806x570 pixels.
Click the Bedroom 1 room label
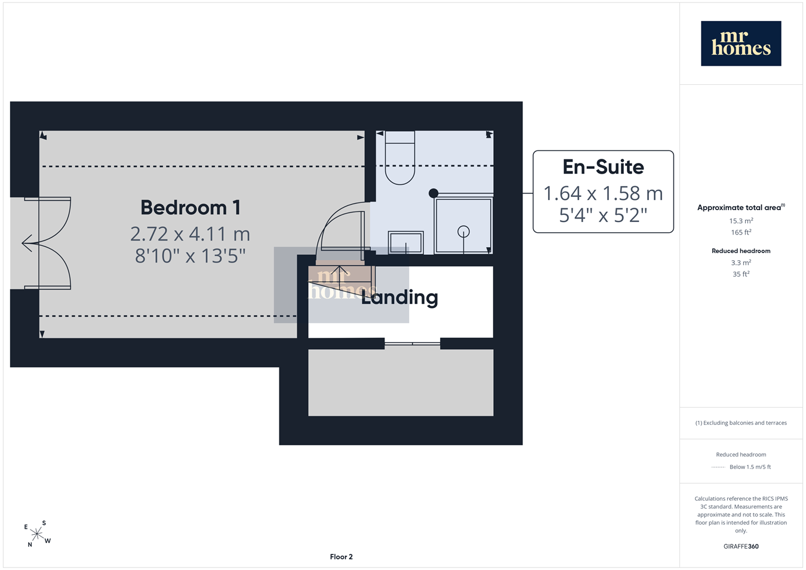click(x=190, y=208)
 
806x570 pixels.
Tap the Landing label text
click(x=399, y=298)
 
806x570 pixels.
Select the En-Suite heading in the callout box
click(x=603, y=167)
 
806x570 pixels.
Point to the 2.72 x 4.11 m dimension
click(x=190, y=234)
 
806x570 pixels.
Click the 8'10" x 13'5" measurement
click(x=190, y=255)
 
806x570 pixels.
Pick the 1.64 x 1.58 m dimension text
click(x=603, y=193)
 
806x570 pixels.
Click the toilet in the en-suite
click(x=400, y=158)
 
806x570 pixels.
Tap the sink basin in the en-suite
click(x=405, y=243)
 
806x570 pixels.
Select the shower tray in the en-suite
click(x=463, y=226)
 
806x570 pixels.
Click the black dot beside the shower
click(x=433, y=193)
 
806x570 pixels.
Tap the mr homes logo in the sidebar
click(x=741, y=44)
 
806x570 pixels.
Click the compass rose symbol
click(x=37, y=534)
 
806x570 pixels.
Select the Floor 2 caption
click(x=341, y=557)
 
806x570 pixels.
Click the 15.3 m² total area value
click(x=741, y=221)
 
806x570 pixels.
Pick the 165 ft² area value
click(x=741, y=232)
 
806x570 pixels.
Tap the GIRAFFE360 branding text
click(x=741, y=546)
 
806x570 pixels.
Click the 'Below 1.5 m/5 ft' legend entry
click(x=750, y=467)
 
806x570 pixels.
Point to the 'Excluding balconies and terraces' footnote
click(x=741, y=423)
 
